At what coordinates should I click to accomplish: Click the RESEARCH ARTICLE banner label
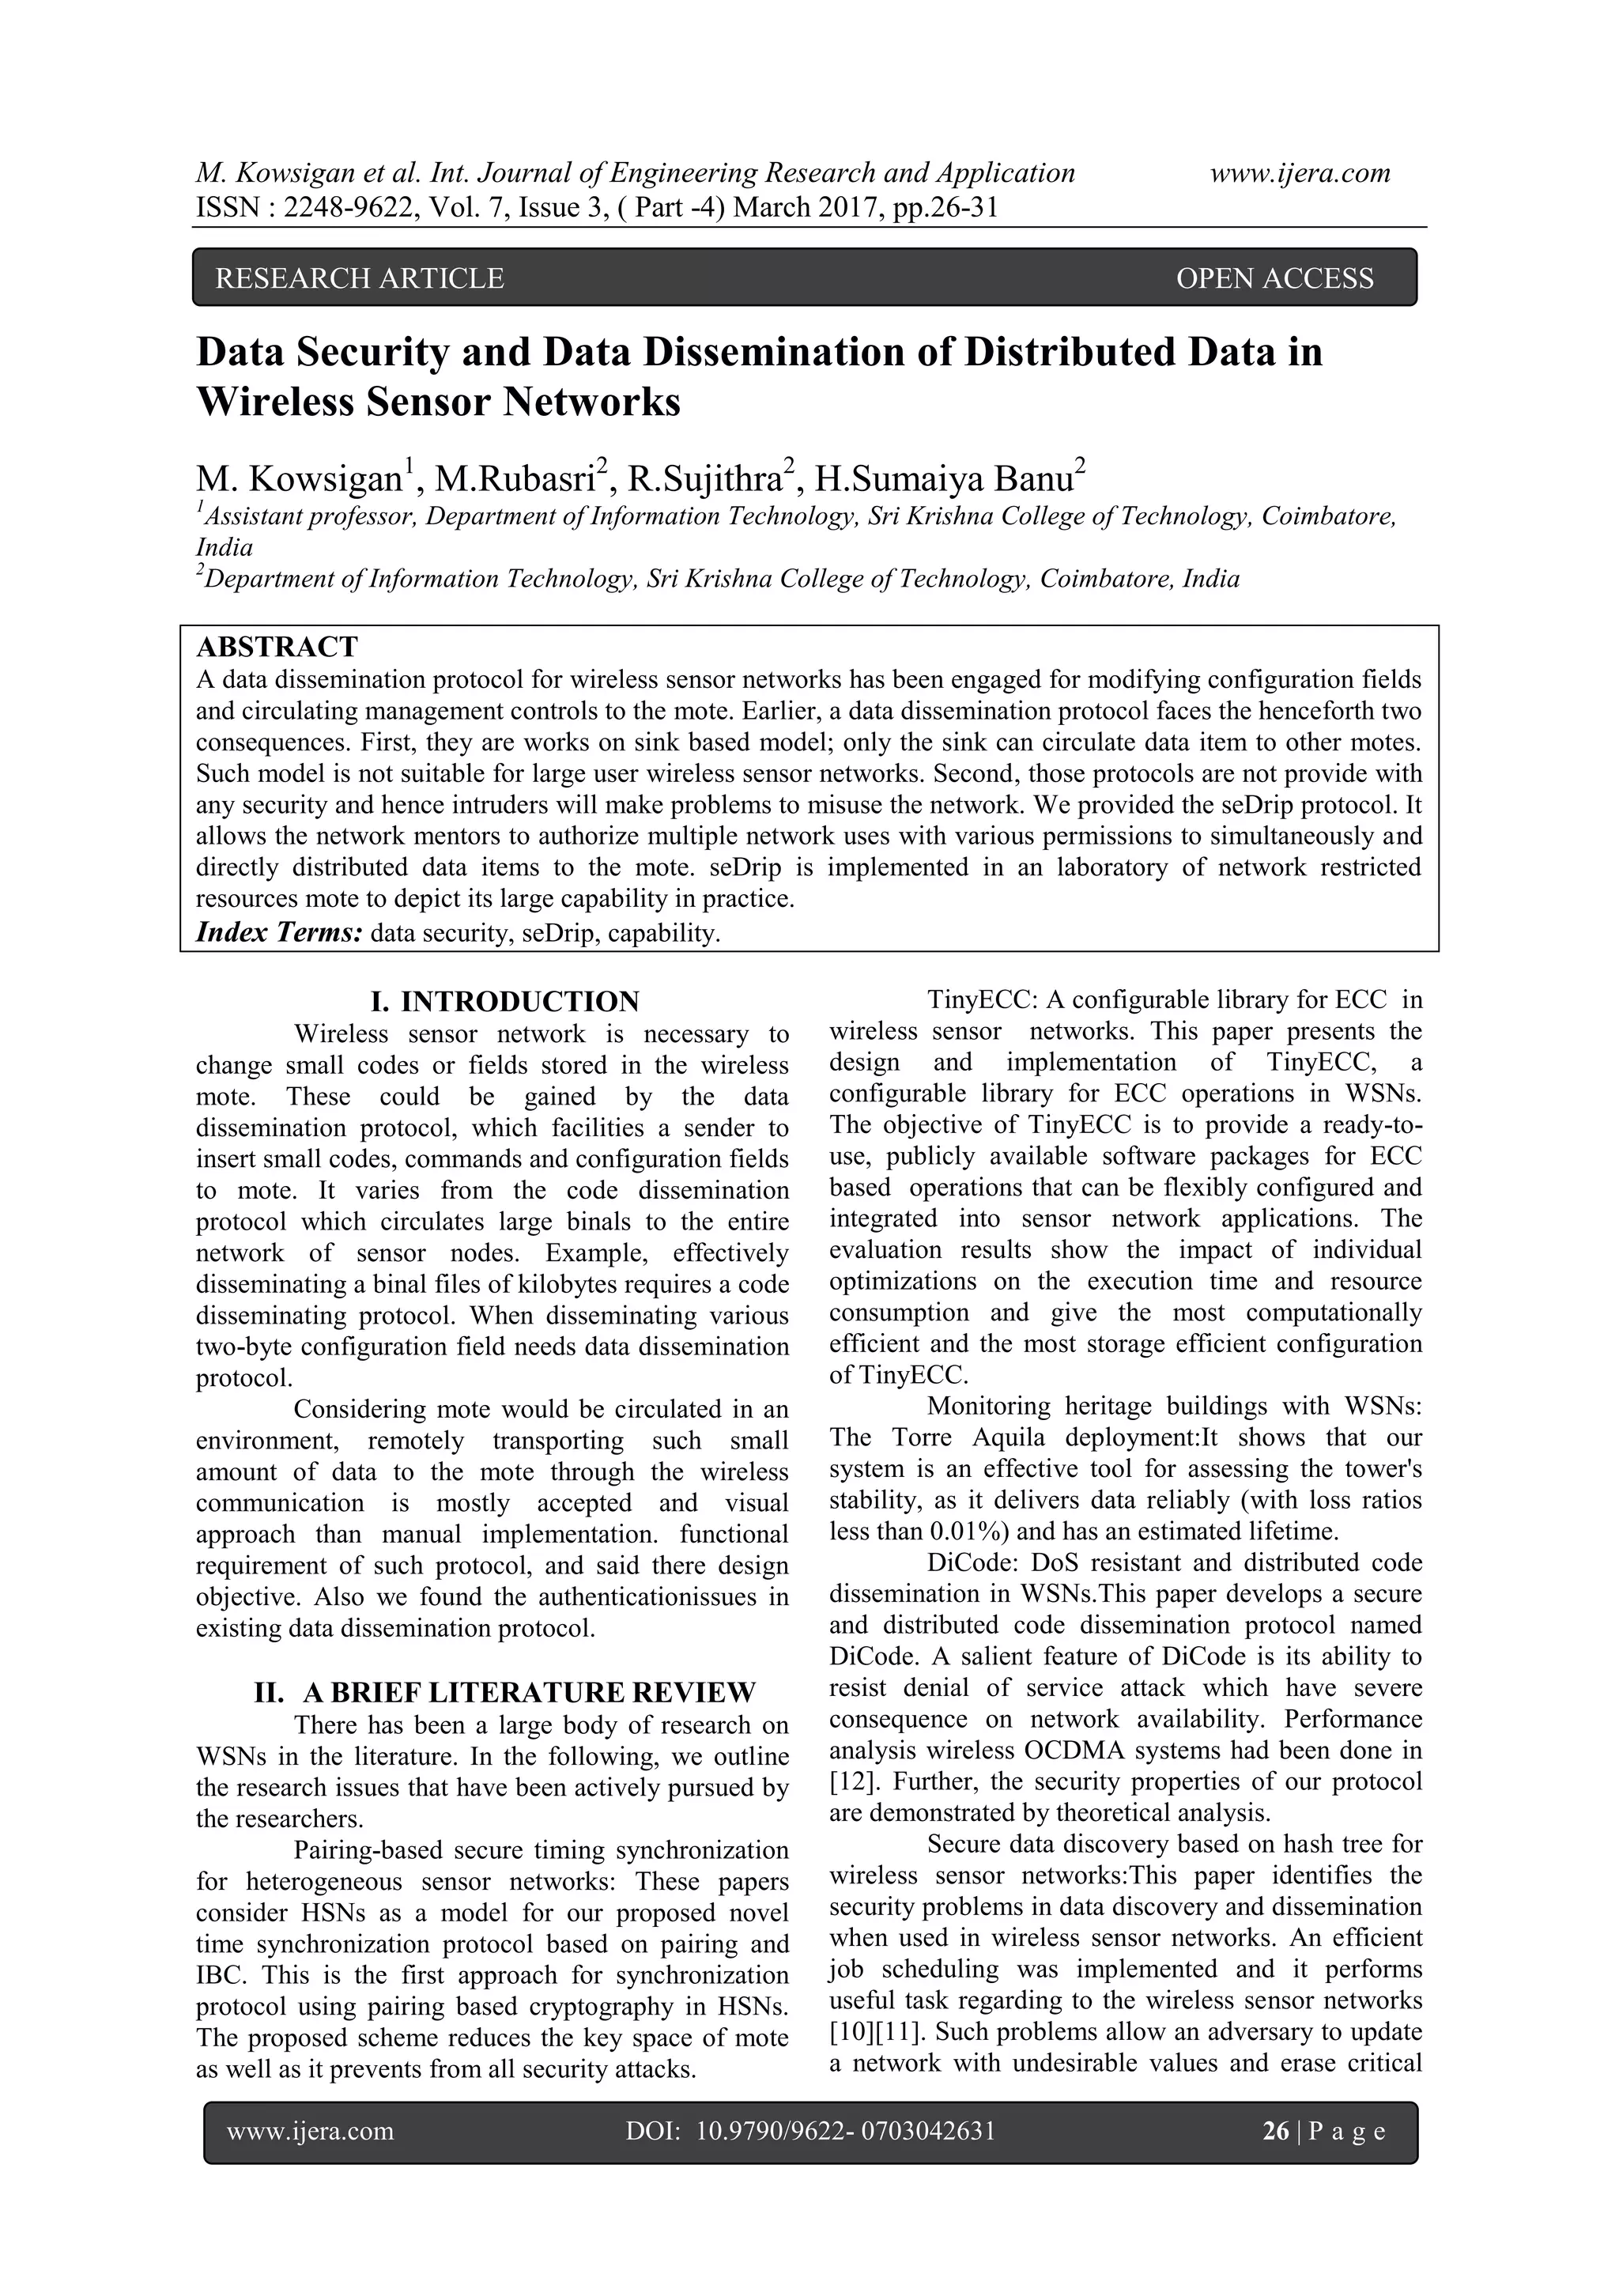(x=359, y=278)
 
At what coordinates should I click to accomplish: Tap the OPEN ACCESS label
(x=1274, y=278)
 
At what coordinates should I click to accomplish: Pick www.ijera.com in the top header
(x=1300, y=173)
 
